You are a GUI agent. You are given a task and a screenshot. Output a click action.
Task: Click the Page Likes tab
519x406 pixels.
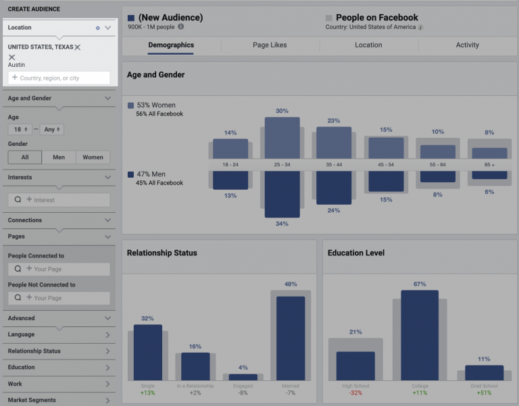[270, 45]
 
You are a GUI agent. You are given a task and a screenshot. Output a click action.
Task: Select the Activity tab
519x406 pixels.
[467, 45]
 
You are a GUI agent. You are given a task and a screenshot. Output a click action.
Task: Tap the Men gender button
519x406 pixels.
[59, 157]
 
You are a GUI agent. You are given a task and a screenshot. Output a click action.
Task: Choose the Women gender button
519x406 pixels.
[93, 157]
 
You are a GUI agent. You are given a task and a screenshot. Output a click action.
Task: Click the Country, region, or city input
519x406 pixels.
[59, 78]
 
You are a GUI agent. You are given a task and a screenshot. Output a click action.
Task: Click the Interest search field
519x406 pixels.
[59, 200]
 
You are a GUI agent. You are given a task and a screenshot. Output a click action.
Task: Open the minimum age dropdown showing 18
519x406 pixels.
[20, 129]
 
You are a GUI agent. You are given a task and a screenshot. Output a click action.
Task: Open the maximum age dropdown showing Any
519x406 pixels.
[52, 129]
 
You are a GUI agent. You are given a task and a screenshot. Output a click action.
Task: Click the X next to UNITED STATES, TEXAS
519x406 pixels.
[78, 47]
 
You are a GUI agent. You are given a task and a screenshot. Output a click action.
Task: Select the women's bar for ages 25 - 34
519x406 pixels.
[282, 138]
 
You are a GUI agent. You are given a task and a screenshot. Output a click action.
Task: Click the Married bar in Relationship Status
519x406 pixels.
[291, 338]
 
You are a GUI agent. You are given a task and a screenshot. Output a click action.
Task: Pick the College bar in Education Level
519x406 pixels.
[420, 335]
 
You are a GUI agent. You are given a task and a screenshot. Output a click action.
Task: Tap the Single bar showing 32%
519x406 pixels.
[148, 352]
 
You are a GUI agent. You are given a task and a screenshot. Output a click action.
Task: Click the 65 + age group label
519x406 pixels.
[489, 164]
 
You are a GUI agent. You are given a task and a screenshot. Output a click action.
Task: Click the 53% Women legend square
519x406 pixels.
[131, 106]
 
